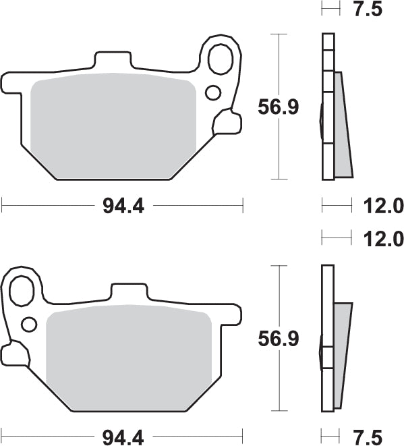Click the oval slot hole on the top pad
point(220,59)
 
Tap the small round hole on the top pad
point(212,92)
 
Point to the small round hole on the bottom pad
point(28,325)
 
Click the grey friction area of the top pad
point(113,125)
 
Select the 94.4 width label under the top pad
point(123,206)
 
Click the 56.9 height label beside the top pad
point(278,106)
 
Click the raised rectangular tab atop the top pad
point(114,59)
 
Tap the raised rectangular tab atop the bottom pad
point(128,292)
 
